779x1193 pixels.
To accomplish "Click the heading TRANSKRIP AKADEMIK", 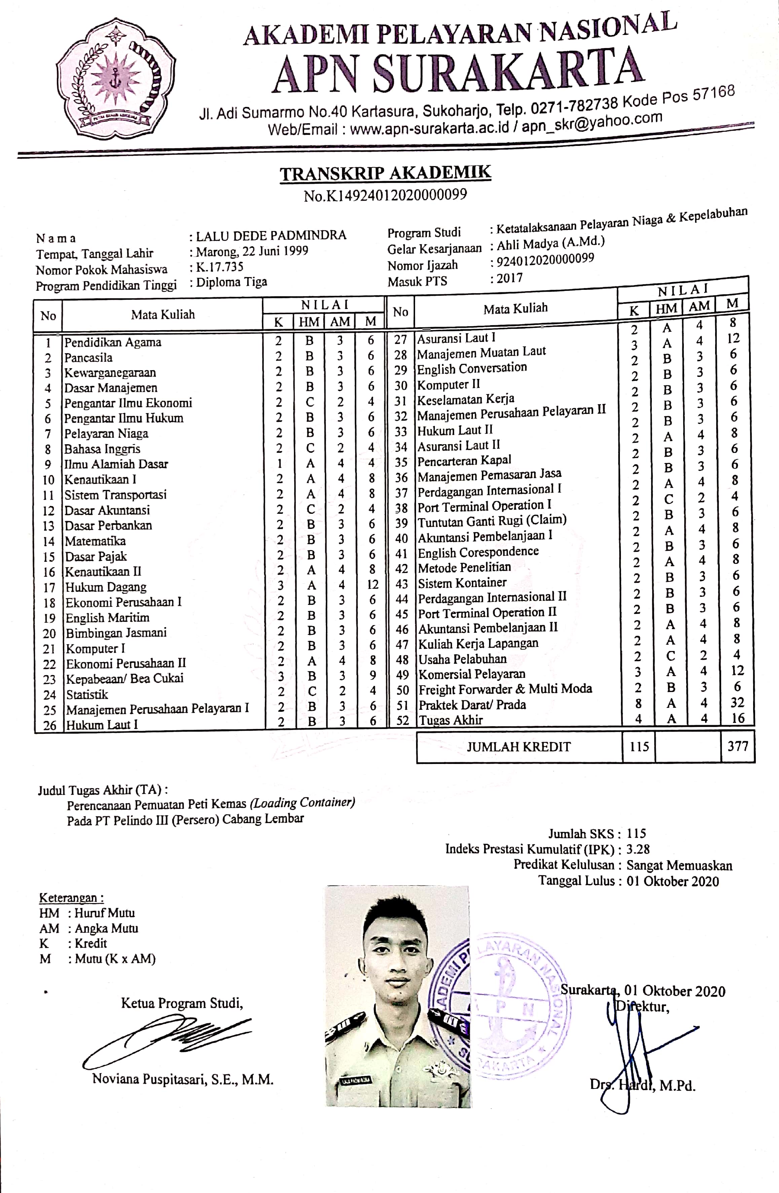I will point(385,174).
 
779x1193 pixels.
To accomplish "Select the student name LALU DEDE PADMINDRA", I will point(271,235).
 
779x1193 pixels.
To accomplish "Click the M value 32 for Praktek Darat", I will point(737,702).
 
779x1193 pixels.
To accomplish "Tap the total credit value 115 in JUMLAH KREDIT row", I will point(639,746).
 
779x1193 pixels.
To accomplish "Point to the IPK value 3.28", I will point(638,849).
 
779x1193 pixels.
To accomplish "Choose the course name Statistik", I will point(87,694).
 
